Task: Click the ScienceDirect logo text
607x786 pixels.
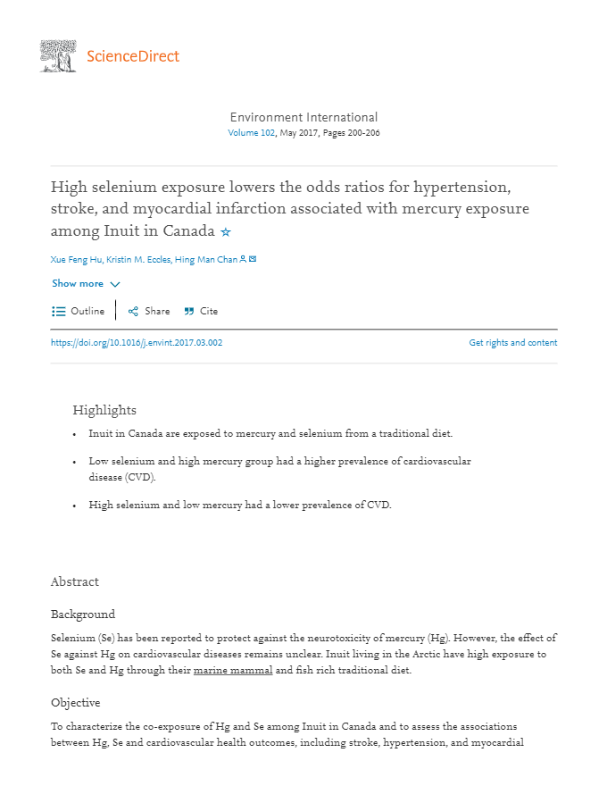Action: point(133,56)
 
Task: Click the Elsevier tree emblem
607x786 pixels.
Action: point(58,56)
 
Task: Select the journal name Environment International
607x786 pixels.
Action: point(303,117)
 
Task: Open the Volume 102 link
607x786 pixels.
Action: point(252,133)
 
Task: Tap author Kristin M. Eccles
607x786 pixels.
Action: point(138,259)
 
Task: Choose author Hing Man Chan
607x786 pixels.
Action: point(206,259)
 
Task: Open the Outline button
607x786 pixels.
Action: point(79,312)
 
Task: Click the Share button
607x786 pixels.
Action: point(149,312)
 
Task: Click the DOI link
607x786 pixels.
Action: point(137,343)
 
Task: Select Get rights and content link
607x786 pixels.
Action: point(512,343)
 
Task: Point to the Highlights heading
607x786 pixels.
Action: point(104,410)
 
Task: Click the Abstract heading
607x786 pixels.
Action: point(75,581)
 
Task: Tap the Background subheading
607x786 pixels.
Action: point(83,615)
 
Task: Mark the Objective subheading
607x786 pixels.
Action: point(75,703)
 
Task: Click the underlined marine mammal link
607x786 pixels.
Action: point(233,671)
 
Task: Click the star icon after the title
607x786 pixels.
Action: point(226,232)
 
